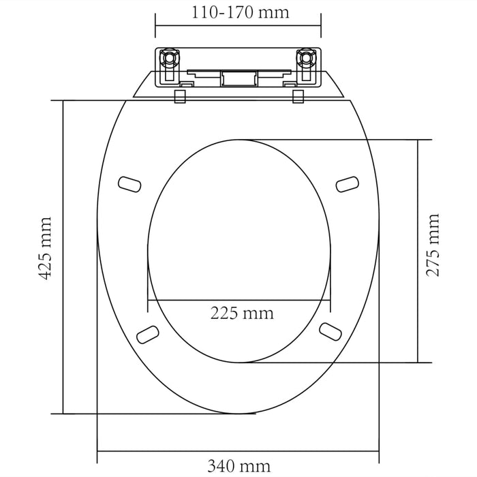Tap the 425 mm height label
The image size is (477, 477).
[44, 249]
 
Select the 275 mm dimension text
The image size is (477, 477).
[433, 245]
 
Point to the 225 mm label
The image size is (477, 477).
[241, 314]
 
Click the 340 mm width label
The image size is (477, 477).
[238, 467]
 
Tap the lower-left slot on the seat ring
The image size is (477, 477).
[147, 333]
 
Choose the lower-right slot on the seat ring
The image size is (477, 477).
[330, 330]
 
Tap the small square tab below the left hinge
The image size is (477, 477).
[181, 96]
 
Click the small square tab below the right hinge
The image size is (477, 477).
[298, 96]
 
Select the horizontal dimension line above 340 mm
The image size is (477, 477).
[238, 450]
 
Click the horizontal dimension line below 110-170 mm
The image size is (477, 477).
[238, 27]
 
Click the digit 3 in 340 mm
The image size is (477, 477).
[212, 467]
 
